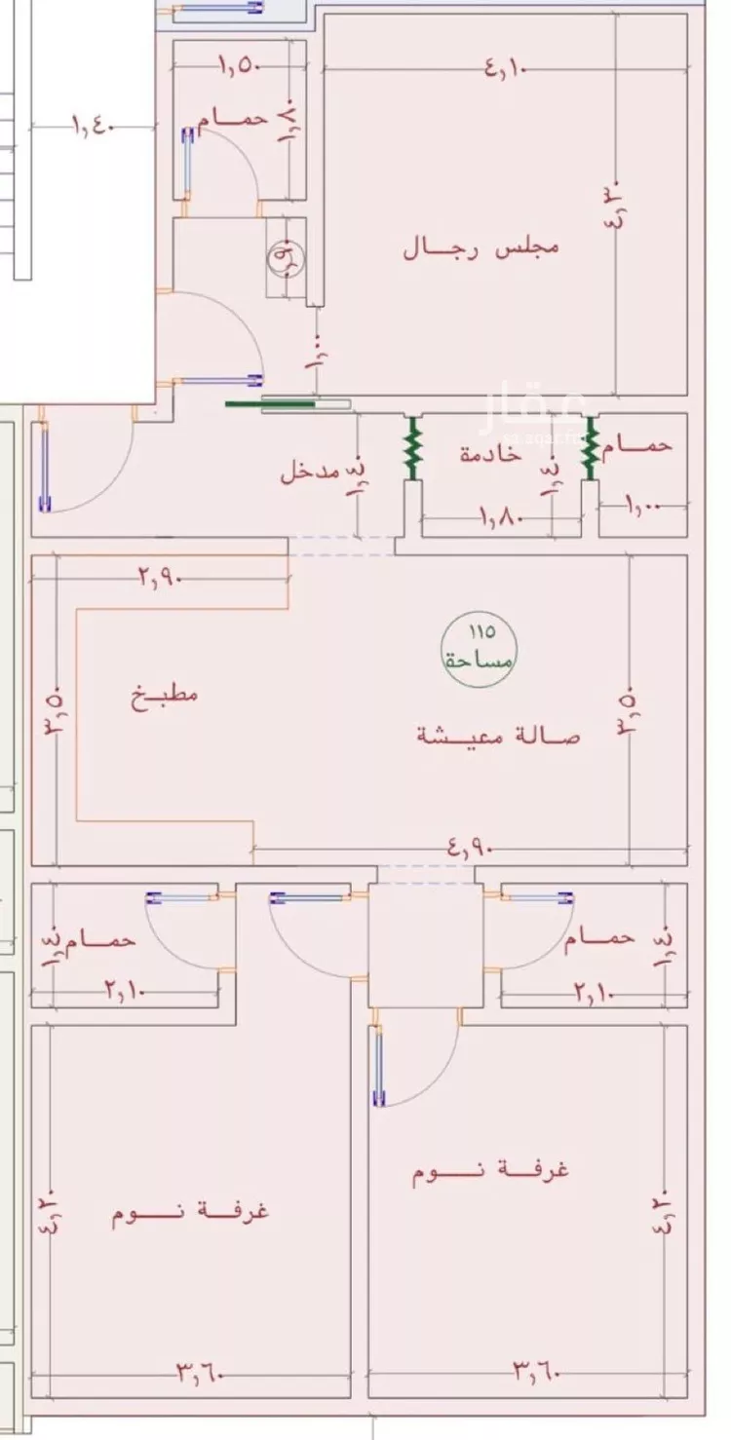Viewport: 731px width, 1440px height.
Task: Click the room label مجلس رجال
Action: (481, 246)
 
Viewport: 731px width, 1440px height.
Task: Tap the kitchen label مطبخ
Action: (165, 696)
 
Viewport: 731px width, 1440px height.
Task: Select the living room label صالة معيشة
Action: (498, 736)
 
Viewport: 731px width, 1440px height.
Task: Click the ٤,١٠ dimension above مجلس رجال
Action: (503, 69)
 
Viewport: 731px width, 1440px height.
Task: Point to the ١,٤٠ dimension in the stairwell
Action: (94, 127)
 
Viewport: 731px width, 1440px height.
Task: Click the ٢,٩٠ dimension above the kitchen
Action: (161, 578)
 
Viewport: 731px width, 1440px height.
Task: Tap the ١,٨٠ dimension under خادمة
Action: (502, 517)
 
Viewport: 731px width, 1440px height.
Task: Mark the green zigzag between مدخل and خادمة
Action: (413, 448)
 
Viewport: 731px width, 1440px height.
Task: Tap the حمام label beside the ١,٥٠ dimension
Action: (233, 119)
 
